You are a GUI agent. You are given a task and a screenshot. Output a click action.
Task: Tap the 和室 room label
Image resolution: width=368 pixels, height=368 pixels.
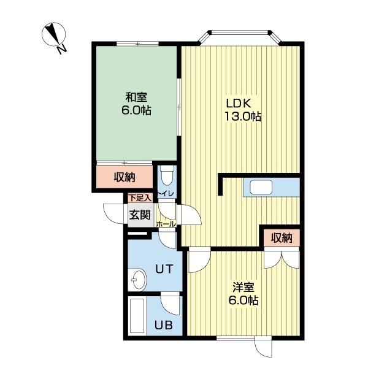[x=136, y=97]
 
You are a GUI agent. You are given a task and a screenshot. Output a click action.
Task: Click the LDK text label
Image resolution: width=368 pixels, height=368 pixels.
[x=239, y=102]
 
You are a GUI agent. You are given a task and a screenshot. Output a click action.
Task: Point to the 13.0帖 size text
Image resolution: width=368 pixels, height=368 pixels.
[x=243, y=117]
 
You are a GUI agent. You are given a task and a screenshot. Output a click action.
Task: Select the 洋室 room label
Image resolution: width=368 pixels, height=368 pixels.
[x=243, y=286]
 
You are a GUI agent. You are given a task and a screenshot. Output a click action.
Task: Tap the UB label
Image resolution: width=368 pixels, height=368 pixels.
[x=162, y=324]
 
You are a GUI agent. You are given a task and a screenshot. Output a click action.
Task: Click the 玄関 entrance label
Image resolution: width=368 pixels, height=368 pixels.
[x=139, y=215]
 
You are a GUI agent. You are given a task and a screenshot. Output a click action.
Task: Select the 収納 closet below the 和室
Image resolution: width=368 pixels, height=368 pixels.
[x=125, y=178]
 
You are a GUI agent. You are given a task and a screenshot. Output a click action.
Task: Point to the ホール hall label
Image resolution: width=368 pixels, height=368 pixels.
[x=167, y=225]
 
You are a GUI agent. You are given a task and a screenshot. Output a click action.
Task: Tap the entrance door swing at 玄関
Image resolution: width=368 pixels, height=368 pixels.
[x=115, y=213]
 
